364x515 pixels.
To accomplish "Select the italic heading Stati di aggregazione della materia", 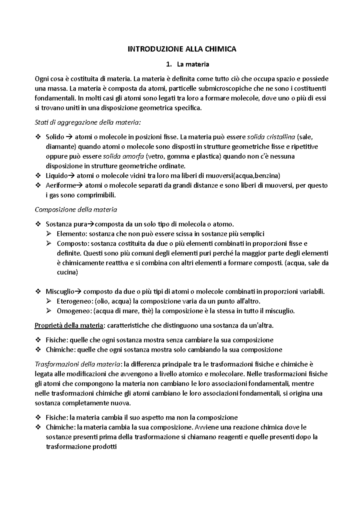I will pos(88,123).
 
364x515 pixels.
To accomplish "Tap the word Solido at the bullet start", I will pos(55,137).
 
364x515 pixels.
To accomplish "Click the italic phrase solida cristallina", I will pos(271,137).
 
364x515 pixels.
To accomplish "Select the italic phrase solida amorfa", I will pos(123,157).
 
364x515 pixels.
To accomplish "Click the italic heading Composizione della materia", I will pos(76,210).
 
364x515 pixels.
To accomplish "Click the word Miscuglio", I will pos(60,292).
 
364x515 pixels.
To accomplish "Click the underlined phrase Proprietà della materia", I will pos(69,326).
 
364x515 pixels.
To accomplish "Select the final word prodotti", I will pos(104,447).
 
